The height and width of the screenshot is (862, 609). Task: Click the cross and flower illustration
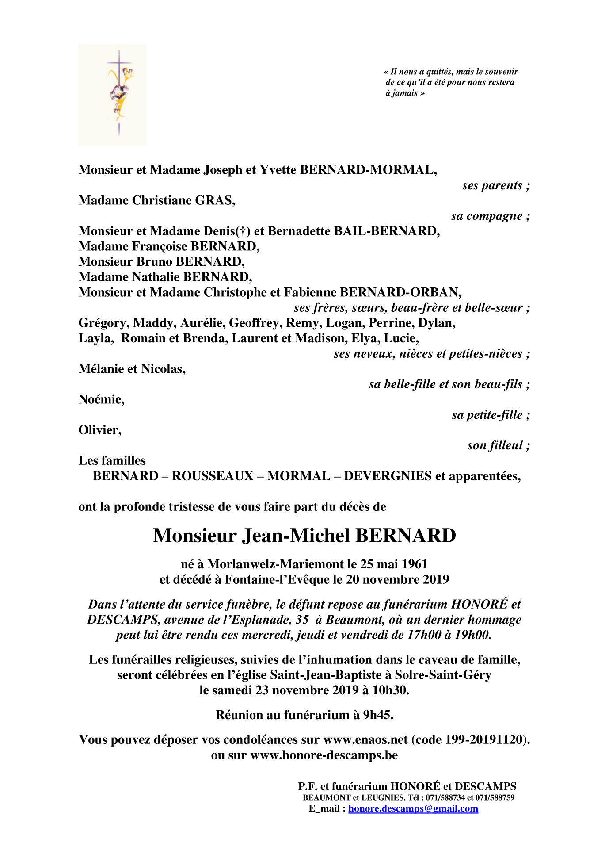point(112,95)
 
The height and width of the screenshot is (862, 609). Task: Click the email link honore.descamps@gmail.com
point(413,808)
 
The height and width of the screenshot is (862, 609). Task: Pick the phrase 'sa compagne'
point(487,216)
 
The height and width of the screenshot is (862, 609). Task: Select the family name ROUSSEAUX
point(213,476)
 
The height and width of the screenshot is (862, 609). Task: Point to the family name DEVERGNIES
point(388,476)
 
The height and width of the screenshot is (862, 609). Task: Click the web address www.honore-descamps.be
point(324,755)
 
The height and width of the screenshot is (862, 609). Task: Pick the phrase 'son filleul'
point(495,445)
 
